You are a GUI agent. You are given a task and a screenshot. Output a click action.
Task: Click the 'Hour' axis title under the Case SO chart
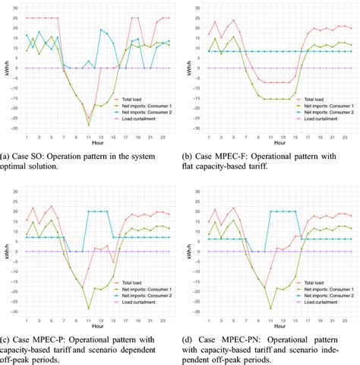98,141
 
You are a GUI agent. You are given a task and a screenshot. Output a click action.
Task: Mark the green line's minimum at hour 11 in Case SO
88,124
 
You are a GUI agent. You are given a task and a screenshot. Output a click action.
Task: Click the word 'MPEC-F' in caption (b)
228,156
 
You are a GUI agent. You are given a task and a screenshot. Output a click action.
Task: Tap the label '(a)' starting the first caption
5,156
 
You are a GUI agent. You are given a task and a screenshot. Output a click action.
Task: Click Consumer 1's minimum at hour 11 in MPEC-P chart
88,308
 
